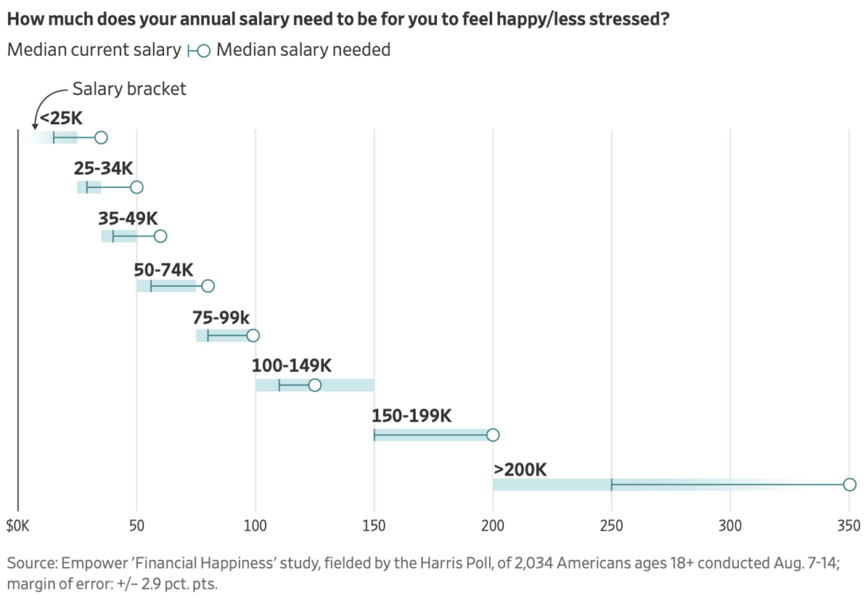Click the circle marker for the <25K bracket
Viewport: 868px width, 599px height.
coord(100,138)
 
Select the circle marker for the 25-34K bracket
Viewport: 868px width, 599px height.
coord(136,187)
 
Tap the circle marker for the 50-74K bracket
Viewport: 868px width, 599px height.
coord(208,286)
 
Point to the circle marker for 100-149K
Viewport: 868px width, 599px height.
coord(315,386)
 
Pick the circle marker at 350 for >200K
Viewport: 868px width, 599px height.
coord(850,484)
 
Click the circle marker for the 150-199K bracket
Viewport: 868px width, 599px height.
coord(493,435)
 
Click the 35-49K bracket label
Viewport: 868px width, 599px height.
coord(127,217)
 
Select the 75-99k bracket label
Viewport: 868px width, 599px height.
coord(221,316)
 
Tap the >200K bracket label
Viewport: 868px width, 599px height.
coord(520,469)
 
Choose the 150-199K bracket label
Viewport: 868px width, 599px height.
coord(411,416)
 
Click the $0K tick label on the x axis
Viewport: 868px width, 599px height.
coord(18,527)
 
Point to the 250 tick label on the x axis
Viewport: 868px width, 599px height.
coord(612,527)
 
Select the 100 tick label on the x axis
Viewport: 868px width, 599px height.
coord(256,527)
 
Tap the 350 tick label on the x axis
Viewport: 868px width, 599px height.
coord(849,527)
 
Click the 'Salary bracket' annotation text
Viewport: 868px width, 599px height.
coord(129,88)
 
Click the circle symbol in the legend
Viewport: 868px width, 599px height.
coord(203,50)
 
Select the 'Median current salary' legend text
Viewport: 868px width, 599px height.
coord(94,50)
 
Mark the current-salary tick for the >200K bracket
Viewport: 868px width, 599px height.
coord(612,484)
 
